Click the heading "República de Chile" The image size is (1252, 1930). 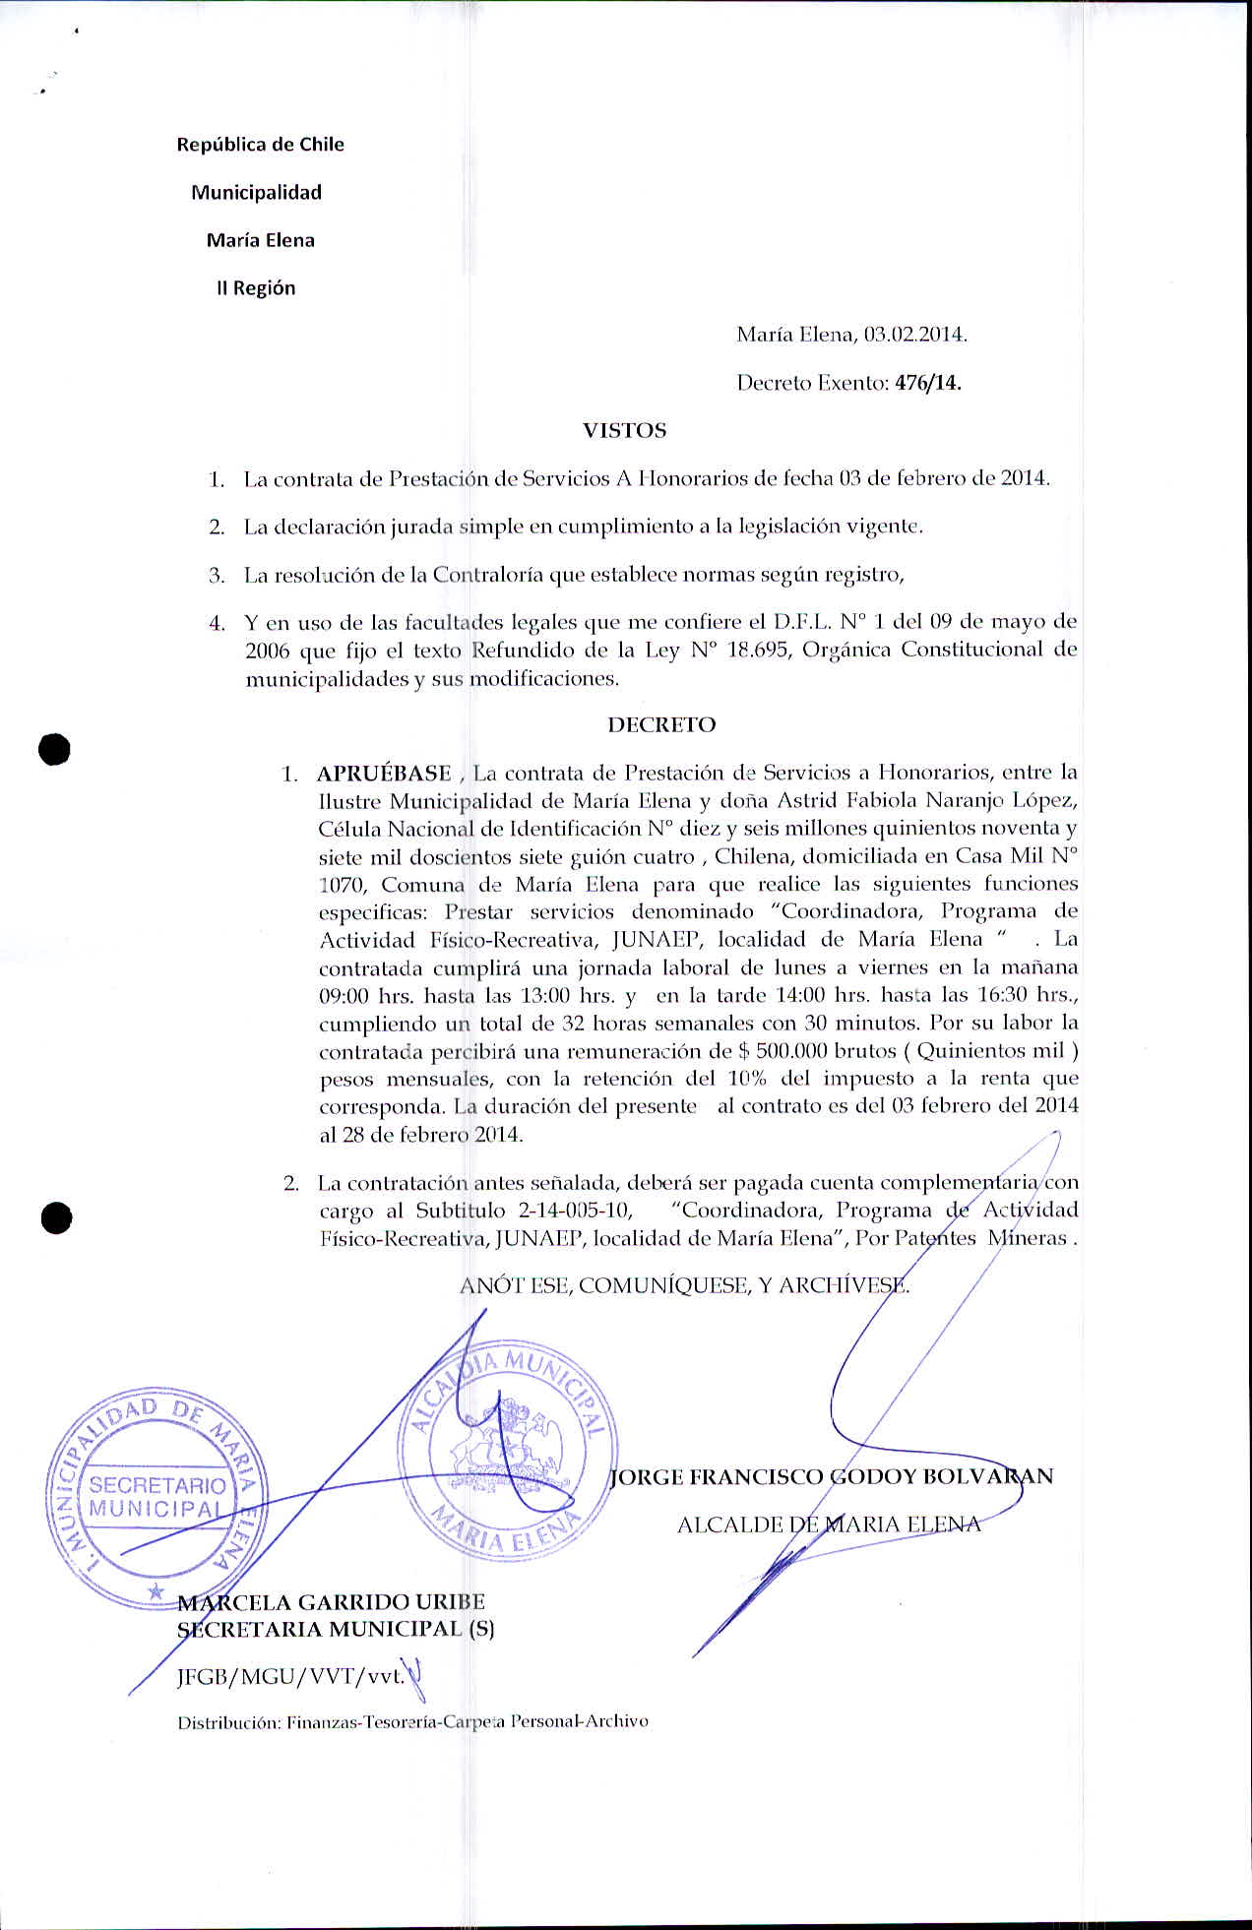(260, 145)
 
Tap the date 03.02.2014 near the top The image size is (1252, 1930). (915, 335)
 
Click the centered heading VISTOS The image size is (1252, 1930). (624, 431)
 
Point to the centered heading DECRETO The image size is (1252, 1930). (661, 725)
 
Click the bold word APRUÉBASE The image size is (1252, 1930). (384, 774)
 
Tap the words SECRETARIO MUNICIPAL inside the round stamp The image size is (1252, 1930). (156, 1497)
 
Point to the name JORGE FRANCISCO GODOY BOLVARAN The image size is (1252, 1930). (832, 1477)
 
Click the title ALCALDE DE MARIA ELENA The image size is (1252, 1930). (829, 1525)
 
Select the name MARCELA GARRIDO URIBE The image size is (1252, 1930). (331, 1602)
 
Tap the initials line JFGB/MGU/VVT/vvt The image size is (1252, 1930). (290, 1677)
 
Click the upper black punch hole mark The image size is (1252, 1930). (55, 749)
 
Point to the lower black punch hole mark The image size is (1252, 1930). (56, 1217)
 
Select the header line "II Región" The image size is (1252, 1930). (256, 288)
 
